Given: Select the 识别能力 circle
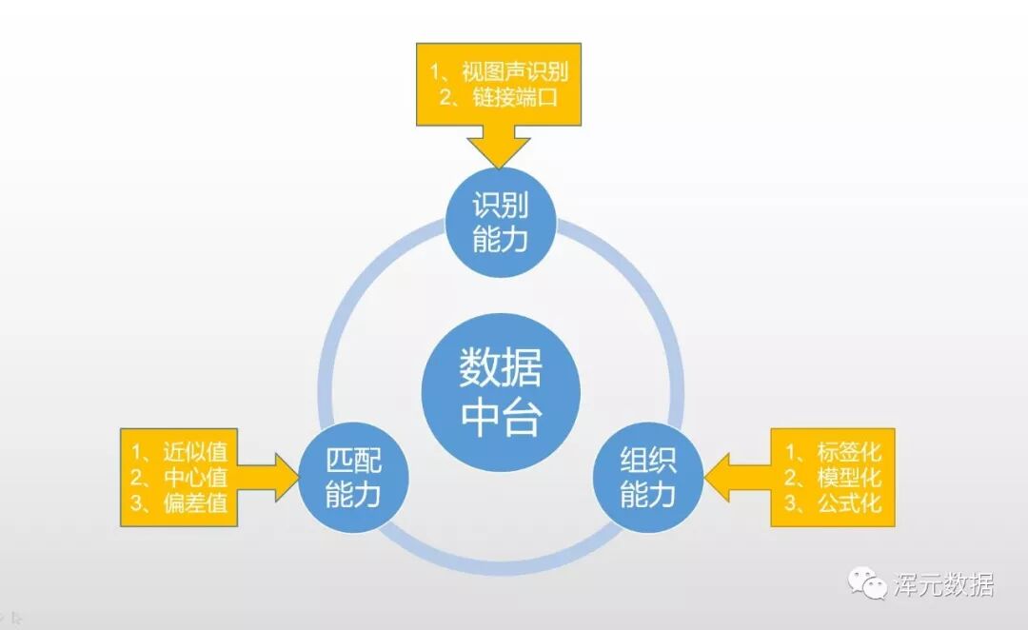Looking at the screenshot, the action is [501, 223].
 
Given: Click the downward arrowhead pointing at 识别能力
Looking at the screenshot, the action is [499, 151].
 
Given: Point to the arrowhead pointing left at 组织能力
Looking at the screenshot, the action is [720, 477].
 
